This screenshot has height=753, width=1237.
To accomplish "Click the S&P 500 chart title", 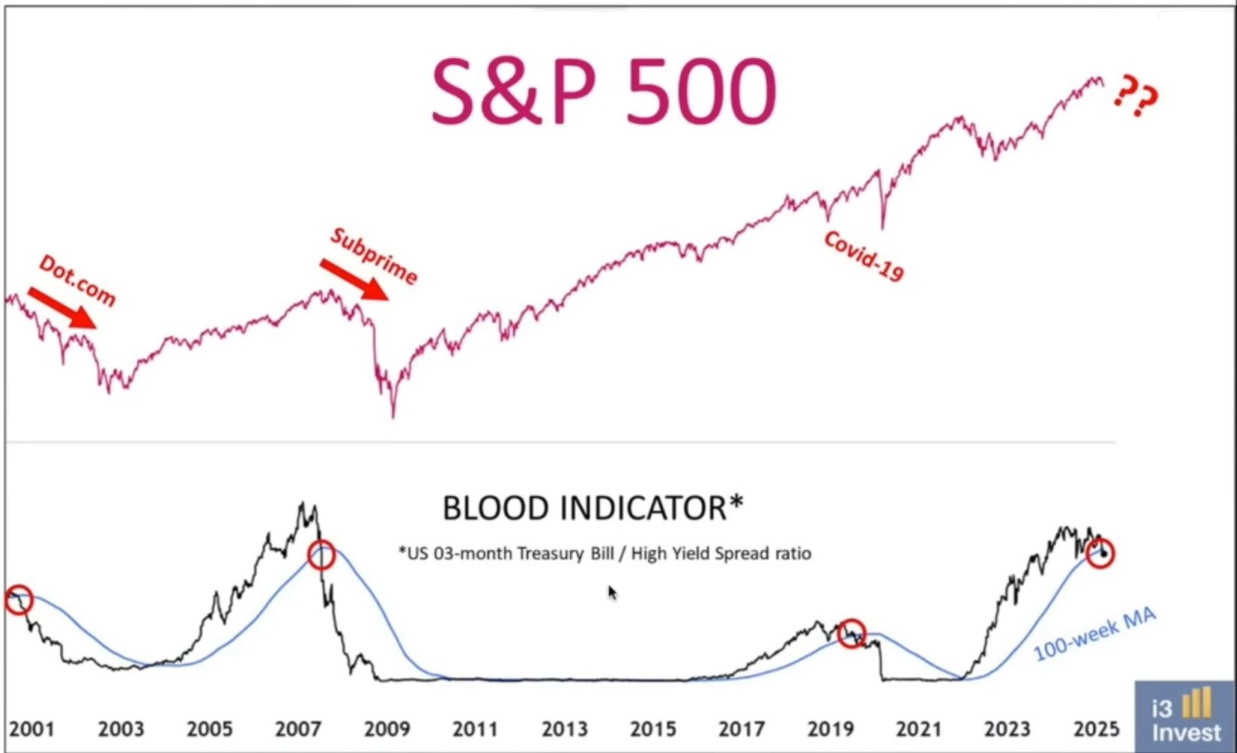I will click(603, 92).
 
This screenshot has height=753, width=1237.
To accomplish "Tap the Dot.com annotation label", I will click(77, 281).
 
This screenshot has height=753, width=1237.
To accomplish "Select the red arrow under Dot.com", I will click(62, 307).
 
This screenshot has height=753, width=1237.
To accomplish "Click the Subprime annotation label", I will click(374, 256).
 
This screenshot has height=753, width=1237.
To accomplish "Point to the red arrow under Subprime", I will click(354, 279).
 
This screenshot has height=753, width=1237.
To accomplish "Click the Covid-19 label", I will click(863, 256).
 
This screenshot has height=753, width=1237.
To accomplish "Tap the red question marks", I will click(1135, 96).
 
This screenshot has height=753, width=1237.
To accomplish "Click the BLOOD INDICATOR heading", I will click(593, 509).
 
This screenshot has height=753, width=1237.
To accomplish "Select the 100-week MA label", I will click(1094, 635).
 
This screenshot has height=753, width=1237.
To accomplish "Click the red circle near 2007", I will click(321, 555).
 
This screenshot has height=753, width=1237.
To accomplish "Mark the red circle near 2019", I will click(851, 633).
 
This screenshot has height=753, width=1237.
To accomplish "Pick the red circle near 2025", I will click(1100, 554).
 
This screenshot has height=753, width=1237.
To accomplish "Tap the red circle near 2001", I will click(18, 600).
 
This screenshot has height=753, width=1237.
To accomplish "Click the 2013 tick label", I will click(565, 729).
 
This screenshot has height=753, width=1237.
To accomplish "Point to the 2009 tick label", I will click(387, 729).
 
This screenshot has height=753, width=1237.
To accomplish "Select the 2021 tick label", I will click(919, 729).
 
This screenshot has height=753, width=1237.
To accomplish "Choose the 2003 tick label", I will click(121, 729).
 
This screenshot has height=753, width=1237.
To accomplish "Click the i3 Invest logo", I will click(1185, 716).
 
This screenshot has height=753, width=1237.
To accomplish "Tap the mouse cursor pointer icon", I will click(612, 593).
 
